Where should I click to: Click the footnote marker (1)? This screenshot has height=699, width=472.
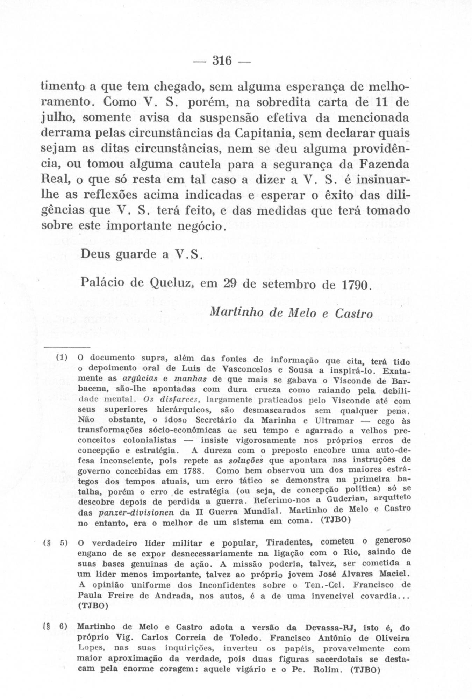tap(62, 358)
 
